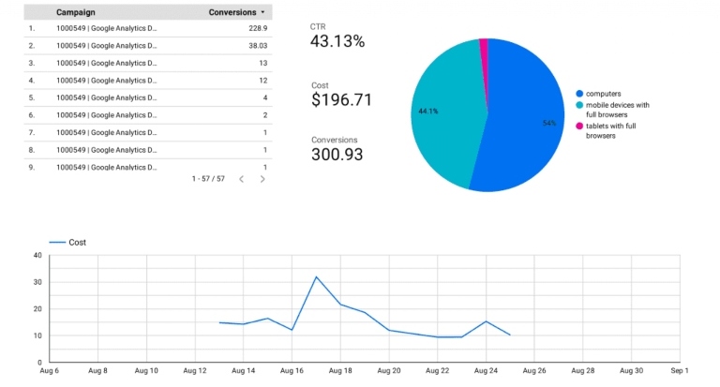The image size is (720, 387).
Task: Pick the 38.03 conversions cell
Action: (252, 45)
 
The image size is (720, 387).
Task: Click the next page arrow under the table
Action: (262, 178)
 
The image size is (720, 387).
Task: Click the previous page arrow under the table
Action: (241, 178)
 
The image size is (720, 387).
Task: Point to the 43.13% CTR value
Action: (337, 41)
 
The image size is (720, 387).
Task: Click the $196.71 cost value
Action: (341, 99)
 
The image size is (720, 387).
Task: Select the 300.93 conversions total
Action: (337, 155)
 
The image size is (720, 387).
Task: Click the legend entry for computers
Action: (602, 93)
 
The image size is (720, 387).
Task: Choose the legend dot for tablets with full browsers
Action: (579, 126)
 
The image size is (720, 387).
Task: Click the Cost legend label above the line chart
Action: (77, 242)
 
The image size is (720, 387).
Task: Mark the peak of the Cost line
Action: (316, 276)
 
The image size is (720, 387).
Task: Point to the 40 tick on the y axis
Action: (37, 255)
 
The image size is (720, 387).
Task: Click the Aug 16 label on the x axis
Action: (292, 371)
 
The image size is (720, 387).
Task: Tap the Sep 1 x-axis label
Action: (679, 371)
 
